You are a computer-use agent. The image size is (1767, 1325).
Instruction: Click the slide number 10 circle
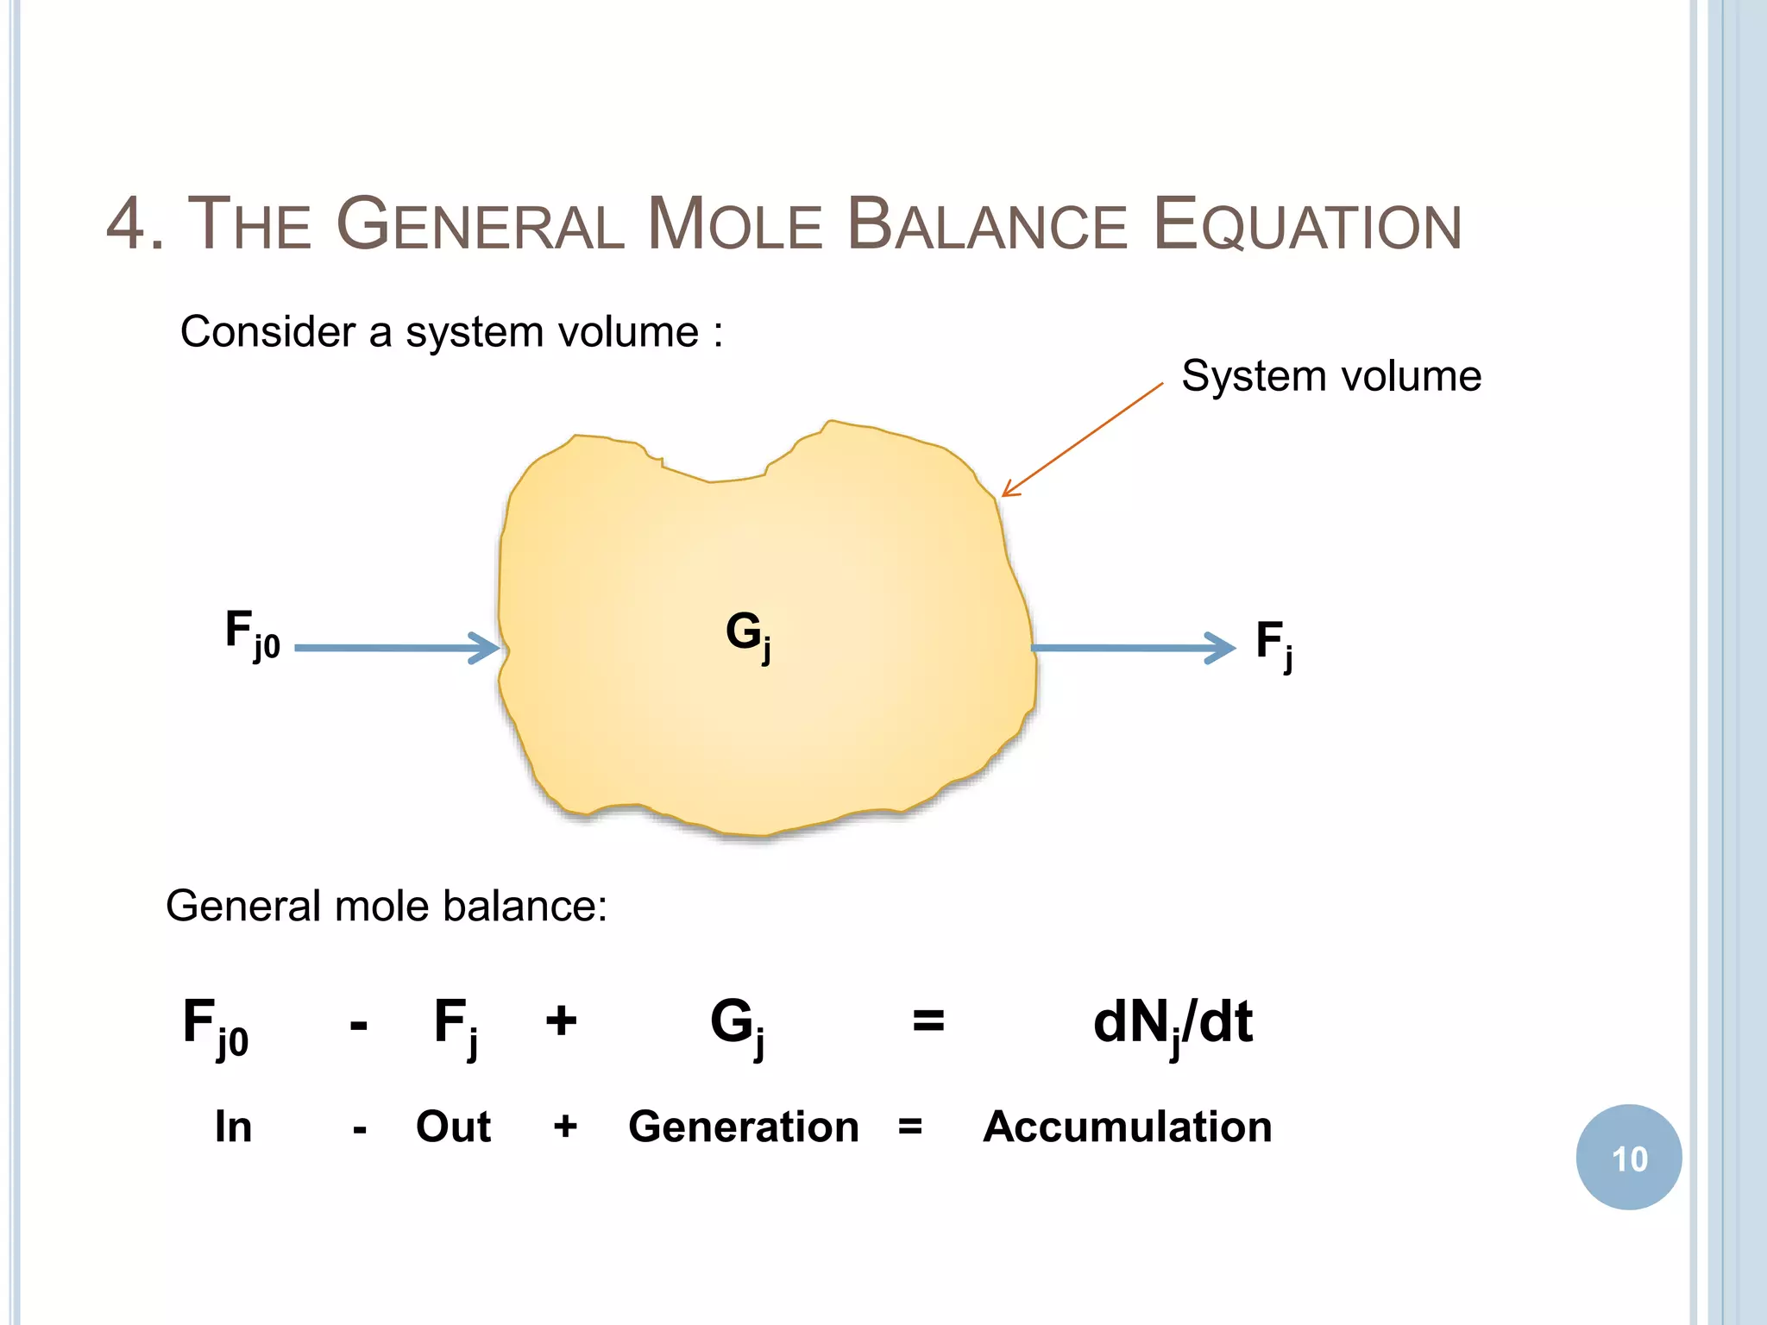click(1628, 1158)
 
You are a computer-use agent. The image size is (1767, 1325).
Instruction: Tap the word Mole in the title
click(734, 224)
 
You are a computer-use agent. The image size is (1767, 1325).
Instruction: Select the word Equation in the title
click(1306, 224)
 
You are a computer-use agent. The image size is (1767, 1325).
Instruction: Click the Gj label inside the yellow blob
click(747, 635)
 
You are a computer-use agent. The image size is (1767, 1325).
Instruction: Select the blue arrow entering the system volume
click(397, 647)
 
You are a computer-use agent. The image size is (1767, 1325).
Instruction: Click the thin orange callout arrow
click(1082, 440)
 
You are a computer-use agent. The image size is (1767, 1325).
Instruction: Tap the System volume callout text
click(1331, 376)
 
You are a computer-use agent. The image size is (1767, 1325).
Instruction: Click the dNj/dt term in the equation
click(1173, 1024)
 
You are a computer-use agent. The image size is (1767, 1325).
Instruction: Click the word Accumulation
click(1128, 1127)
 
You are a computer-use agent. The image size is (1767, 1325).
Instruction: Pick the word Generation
click(744, 1127)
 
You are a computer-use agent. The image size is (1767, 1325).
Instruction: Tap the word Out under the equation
click(453, 1127)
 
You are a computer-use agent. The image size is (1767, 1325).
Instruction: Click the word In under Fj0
click(233, 1127)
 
